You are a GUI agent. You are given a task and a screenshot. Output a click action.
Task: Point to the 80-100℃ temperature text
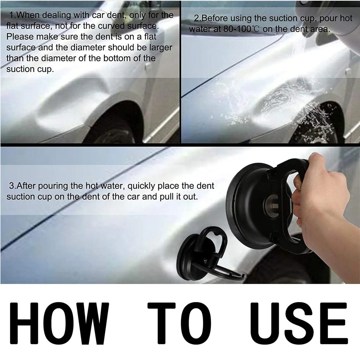240,29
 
